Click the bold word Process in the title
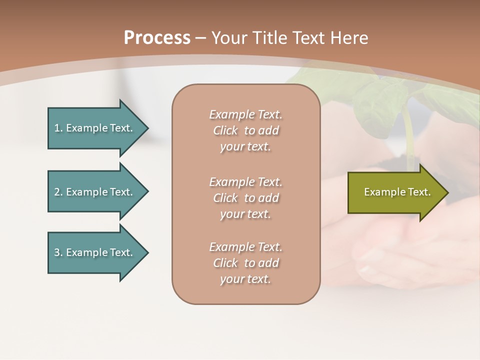[157, 38]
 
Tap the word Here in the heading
[349, 38]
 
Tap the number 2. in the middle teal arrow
[58, 192]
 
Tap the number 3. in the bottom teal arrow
[58, 252]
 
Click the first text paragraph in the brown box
[245, 130]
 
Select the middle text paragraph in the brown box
[245, 198]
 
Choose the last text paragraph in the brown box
[245, 263]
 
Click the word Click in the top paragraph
[225, 130]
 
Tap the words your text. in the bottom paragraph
[245, 279]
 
